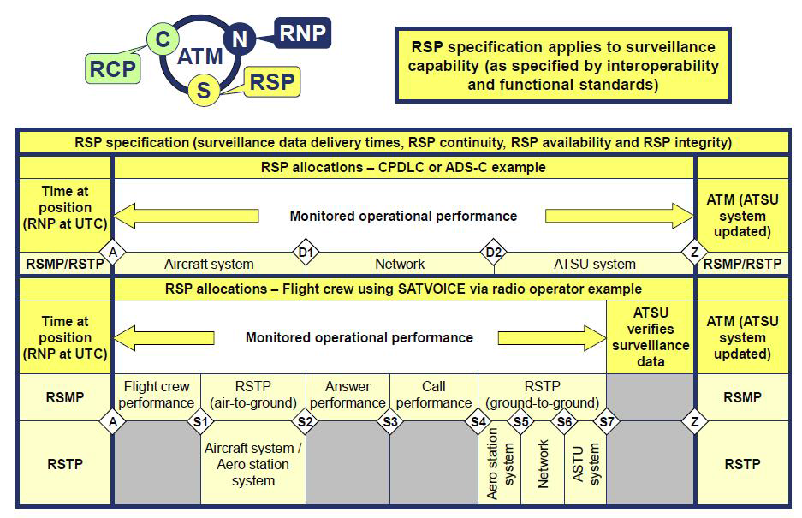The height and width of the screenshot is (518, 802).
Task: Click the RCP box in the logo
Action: (114, 68)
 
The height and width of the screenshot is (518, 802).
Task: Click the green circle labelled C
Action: (161, 39)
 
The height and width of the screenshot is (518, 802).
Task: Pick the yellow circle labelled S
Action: (204, 92)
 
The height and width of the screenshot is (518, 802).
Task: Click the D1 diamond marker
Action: (306, 251)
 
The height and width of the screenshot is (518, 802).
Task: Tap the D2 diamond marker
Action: (494, 251)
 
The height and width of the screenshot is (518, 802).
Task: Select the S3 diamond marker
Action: (391, 421)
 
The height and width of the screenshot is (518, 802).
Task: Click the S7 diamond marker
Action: (607, 421)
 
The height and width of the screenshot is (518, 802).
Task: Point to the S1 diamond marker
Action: (200, 421)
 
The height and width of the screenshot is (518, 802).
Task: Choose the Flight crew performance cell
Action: (157, 395)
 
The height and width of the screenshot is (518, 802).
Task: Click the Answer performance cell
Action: (348, 395)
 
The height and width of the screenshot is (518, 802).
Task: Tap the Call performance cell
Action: (434, 395)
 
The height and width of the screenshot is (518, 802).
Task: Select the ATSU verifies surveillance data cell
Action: (651, 337)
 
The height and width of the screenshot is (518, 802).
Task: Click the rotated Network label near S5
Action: (544, 464)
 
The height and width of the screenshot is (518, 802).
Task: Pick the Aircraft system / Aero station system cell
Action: (253, 464)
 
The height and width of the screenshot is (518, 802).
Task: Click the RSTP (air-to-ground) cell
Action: (252, 395)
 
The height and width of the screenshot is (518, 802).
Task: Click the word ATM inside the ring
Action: (200, 57)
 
